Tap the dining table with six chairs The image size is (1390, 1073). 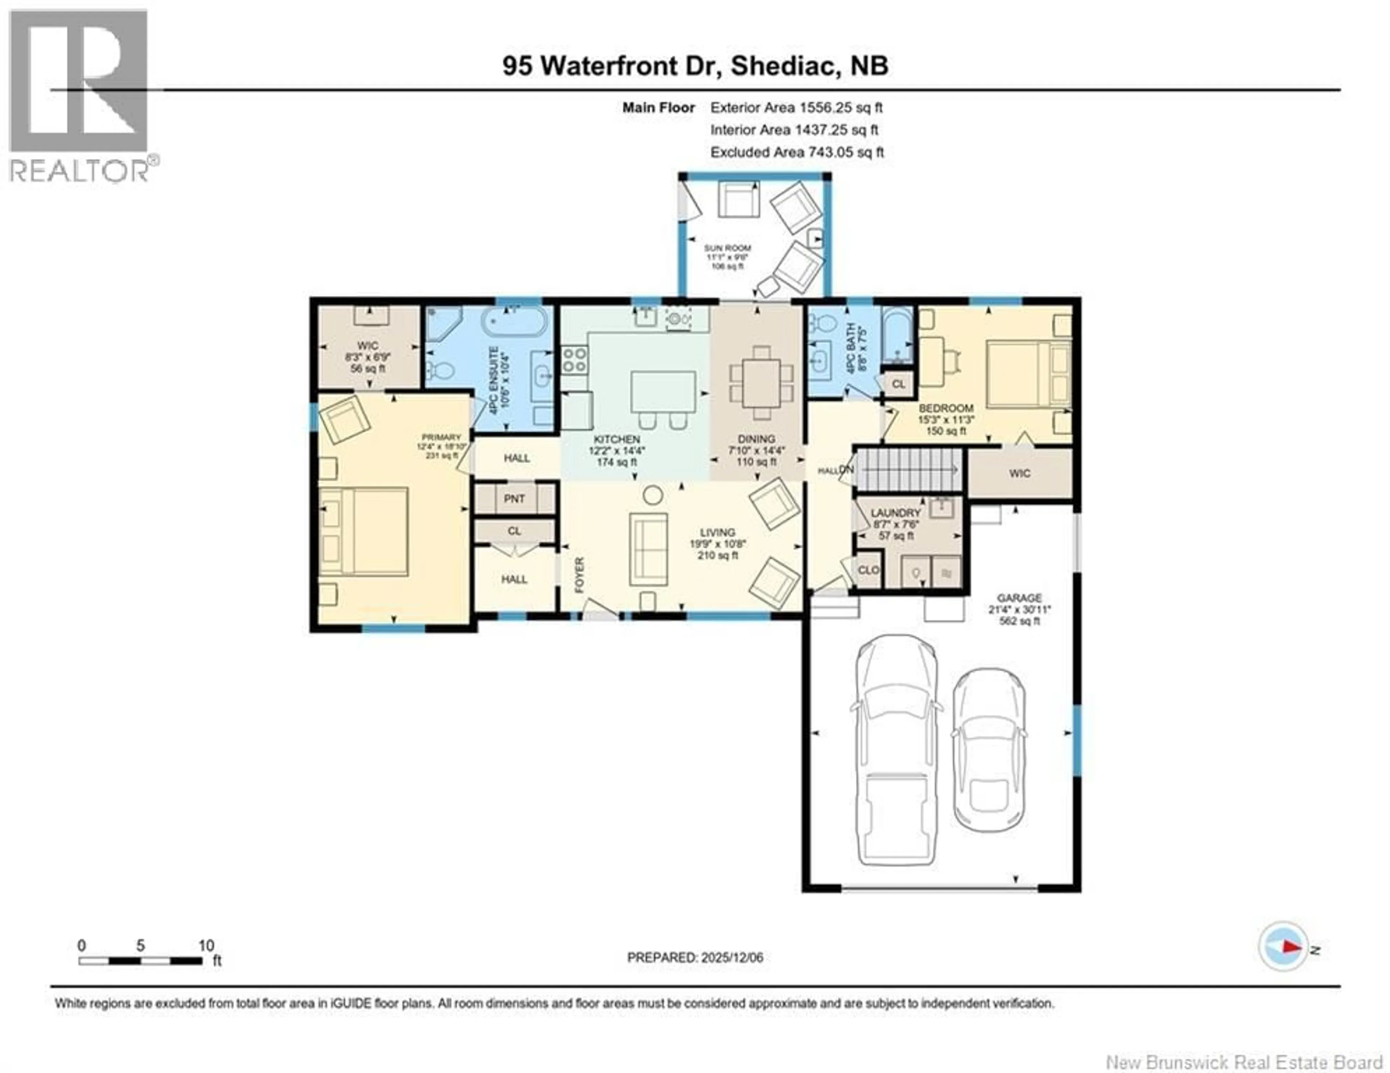[762, 383]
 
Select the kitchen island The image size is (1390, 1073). [663, 391]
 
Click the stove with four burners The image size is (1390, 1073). [574, 359]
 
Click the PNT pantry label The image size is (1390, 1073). [514, 499]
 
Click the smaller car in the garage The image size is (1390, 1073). [989, 750]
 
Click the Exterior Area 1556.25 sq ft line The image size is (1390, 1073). [796, 108]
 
